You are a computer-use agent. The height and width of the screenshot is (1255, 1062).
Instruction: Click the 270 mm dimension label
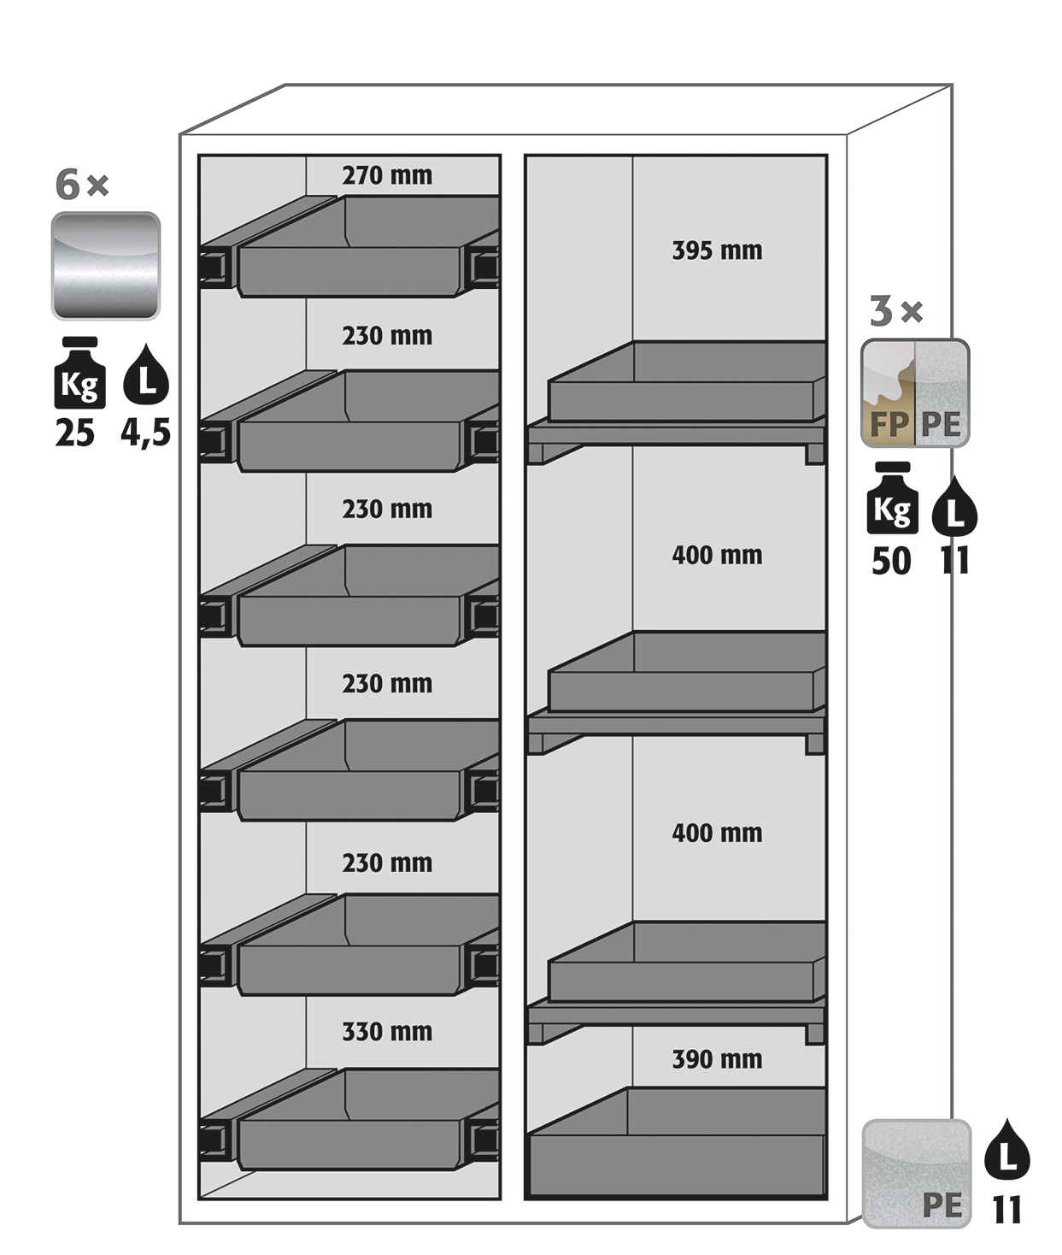click(387, 175)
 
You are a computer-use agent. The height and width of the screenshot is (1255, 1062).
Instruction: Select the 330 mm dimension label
click(387, 1032)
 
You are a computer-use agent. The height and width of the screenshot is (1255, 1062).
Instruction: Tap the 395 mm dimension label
click(717, 250)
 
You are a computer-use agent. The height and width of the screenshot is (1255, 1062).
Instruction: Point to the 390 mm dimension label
click(717, 1059)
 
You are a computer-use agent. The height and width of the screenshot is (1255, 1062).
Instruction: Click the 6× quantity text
click(82, 185)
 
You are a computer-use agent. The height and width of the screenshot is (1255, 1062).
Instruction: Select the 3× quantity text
click(896, 311)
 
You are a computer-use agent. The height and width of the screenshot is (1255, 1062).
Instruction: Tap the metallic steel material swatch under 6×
click(106, 266)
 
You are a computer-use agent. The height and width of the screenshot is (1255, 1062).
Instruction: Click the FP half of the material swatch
click(888, 393)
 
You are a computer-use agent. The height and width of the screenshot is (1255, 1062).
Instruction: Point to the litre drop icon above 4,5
click(146, 375)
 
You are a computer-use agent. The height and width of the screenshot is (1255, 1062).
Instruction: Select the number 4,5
click(145, 433)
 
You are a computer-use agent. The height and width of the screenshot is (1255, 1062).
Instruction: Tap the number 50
click(891, 562)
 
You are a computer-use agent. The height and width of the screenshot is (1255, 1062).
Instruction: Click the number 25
click(75, 433)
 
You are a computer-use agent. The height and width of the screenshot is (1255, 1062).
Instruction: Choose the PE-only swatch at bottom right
click(917, 1173)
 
